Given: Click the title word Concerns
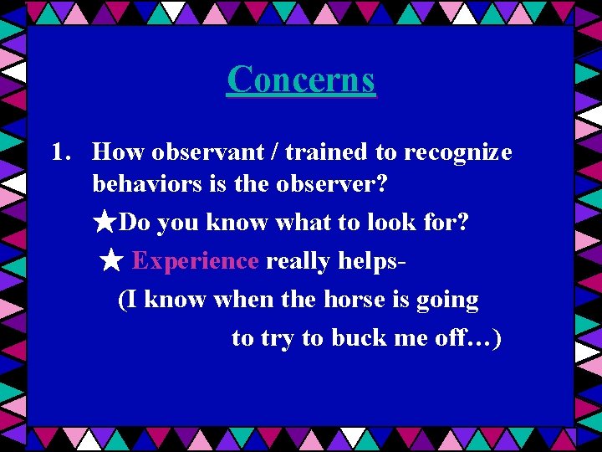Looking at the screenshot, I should click(301, 80).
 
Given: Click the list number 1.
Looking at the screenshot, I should click(59, 152).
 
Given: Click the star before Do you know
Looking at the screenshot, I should click(105, 223).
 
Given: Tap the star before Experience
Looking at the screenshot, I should click(111, 262).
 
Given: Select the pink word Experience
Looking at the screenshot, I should click(195, 262).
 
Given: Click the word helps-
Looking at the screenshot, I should click(372, 262).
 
